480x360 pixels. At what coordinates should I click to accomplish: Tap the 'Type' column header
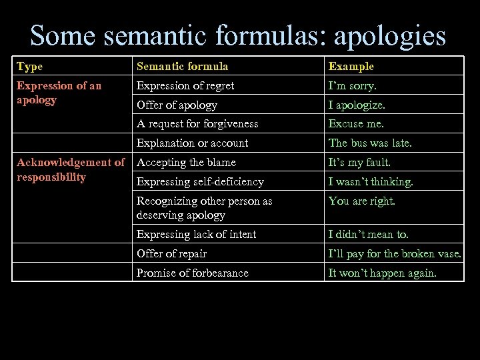click(x=29, y=66)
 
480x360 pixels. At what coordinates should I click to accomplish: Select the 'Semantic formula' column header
click(x=182, y=66)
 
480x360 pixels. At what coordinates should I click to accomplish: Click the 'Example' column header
click(x=351, y=66)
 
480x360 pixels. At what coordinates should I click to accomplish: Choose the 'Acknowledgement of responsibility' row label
click(x=71, y=169)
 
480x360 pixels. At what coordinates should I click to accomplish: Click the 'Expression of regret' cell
click(x=185, y=85)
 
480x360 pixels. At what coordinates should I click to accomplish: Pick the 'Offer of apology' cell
click(x=177, y=105)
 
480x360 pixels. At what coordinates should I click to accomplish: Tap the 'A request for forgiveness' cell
click(x=197, y=123)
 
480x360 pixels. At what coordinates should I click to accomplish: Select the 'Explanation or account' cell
click(x=192, y=143)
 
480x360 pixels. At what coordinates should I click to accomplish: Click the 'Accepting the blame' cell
click(x=186, y=162)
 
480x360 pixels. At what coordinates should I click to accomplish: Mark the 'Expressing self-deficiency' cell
click(x=200, y=181)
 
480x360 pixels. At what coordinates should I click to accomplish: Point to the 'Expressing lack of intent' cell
click(x=196, y=234)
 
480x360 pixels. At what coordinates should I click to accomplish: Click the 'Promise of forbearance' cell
click(x=192, y=273)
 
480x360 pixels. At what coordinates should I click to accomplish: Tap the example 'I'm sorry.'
click(x=351, y=85)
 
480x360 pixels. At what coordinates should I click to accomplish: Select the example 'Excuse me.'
click(x=356, y=123)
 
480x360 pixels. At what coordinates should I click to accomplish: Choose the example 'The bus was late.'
click(x=370, y=143)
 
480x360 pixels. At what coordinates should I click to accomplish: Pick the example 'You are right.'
click(x=362, y=201)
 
